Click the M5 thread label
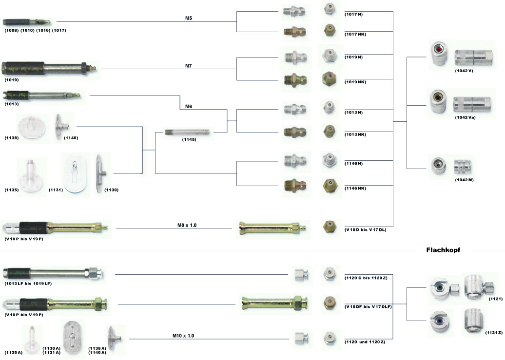189,18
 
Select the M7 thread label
189,65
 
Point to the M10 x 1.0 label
183,336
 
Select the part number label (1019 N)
353,57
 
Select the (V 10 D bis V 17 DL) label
365,228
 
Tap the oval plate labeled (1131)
77,174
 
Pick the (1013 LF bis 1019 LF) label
28,284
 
